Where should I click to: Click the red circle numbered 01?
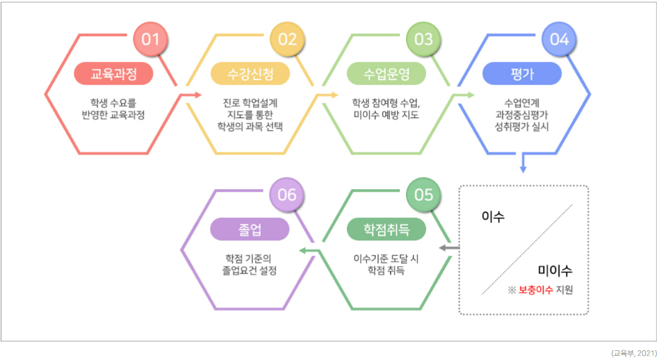(150, 39)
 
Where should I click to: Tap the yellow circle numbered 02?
(287, 39)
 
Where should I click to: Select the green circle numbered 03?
(423, 39)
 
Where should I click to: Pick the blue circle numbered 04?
(560, 39)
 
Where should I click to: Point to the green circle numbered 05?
(423, 195)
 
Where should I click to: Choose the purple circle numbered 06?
(287, 195)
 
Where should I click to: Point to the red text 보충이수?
(535, 290)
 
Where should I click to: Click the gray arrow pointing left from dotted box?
(450, 247)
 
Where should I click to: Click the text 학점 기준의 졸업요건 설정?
(249, 264)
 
